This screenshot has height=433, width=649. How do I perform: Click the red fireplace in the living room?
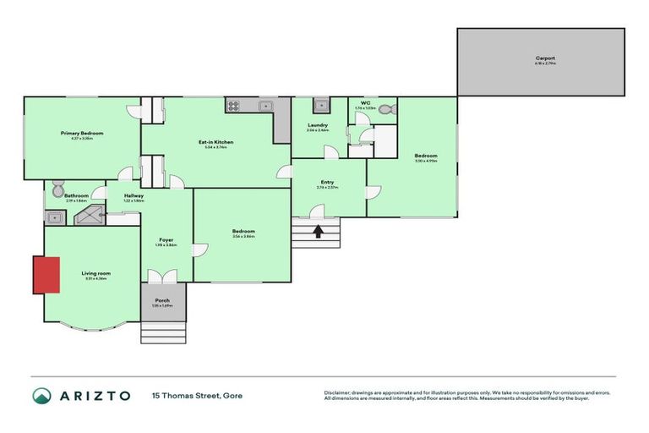46,276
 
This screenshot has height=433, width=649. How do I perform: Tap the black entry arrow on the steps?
319,231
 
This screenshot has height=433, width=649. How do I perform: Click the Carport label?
545,58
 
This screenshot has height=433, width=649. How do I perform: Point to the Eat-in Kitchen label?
215,142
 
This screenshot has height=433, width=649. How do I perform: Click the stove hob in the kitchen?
233,106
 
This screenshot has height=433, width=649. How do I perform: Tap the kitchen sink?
265,106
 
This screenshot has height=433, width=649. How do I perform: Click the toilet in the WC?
385,109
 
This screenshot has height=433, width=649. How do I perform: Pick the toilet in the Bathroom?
56,189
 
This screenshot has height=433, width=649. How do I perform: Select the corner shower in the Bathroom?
86,216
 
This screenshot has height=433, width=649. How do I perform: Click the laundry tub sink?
320,106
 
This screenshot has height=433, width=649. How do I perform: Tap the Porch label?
161,300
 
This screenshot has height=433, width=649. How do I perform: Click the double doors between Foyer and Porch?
161,277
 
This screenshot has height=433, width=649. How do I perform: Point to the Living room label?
95,273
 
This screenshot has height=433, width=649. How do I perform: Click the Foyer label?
166,239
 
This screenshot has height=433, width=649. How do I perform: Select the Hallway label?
134,196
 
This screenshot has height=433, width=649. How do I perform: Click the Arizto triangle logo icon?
41,395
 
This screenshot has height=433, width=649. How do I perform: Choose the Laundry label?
317,126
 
